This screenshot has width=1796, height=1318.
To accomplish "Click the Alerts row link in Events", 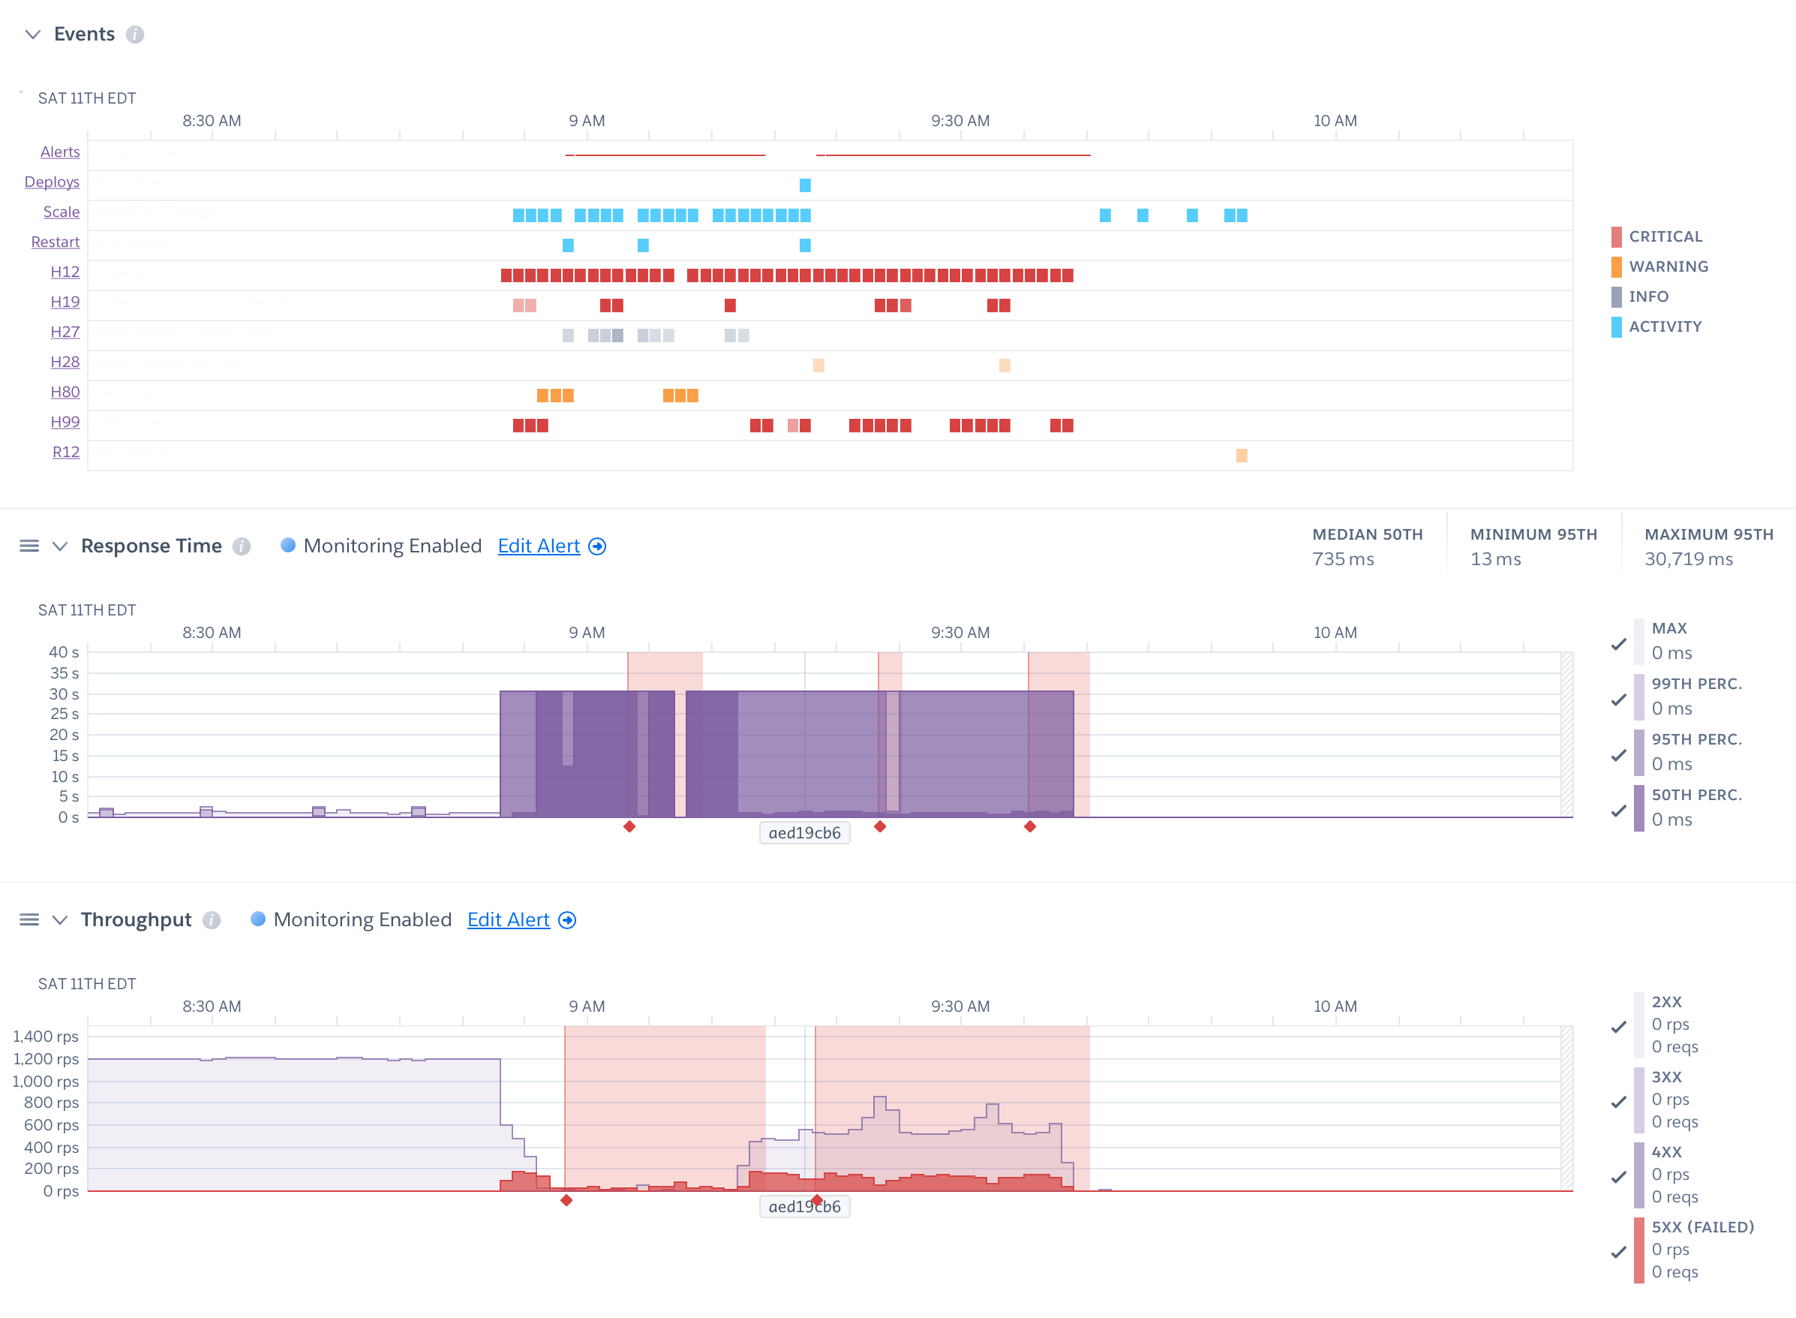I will click(x=60, y=152).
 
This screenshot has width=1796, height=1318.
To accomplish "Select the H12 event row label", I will click(x=65, y=271).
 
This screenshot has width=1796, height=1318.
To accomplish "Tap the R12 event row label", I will click(x=65, y=452).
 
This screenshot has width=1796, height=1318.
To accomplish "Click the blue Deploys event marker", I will click(x=805, y=185).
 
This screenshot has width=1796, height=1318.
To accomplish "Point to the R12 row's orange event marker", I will click(x=1241, y=456).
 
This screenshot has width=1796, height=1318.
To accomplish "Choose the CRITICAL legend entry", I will click(x=1665, y=236).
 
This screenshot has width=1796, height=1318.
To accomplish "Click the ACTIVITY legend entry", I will click(x=1665, y=326).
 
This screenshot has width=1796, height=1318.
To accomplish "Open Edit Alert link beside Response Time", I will click(x=539, y=546).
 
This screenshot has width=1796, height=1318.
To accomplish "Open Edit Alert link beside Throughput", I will click(x=508, y=919).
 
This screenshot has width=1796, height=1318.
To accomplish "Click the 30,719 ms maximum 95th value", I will click(x=1687, y=559).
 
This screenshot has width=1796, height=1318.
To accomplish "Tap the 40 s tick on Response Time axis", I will click(x=64, y=651).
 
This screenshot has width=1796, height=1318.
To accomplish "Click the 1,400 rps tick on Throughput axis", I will click(x=46, y=1036).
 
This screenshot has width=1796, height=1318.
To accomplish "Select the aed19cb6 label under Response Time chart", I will click(x=804, y=833).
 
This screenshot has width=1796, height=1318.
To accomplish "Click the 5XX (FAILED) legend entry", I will click(x=1702, y=1227).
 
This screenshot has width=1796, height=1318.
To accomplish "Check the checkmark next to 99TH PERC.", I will click(x=1618, y=700).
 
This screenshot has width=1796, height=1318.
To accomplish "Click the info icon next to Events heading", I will click(x=135, y=35).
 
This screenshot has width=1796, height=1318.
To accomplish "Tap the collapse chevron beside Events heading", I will click(x=33, y=35).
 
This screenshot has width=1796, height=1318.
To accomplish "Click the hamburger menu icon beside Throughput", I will click(x=29, y=919).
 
